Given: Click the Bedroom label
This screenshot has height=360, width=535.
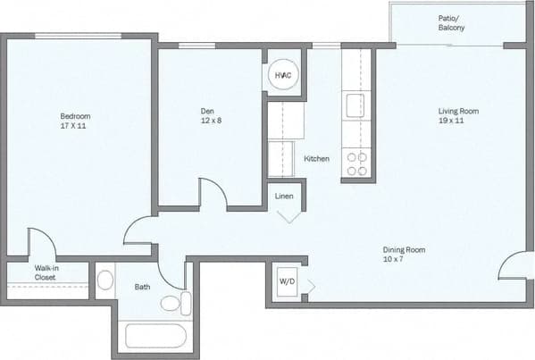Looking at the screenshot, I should [75, 116].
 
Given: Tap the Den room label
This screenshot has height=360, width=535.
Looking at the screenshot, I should [207, 112].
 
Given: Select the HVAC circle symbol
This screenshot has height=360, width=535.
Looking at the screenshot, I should [282, 76].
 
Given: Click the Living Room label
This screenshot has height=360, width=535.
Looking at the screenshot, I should [458, 112].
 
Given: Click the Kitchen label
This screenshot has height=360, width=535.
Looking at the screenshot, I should [316, 159].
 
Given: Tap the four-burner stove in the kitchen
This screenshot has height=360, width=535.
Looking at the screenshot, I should [356, 164].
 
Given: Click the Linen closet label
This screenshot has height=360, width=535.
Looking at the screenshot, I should [284, 196].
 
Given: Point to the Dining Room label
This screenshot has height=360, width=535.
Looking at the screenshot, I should [404, 250].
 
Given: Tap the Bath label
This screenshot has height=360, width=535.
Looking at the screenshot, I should [142, 287].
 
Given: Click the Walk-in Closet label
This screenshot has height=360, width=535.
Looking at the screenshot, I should [46, 272].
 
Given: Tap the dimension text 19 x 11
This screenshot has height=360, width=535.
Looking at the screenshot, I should [458, 121].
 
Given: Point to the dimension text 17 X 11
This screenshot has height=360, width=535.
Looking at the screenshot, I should [74, 126].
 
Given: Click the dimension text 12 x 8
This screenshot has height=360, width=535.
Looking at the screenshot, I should [207, 121].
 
